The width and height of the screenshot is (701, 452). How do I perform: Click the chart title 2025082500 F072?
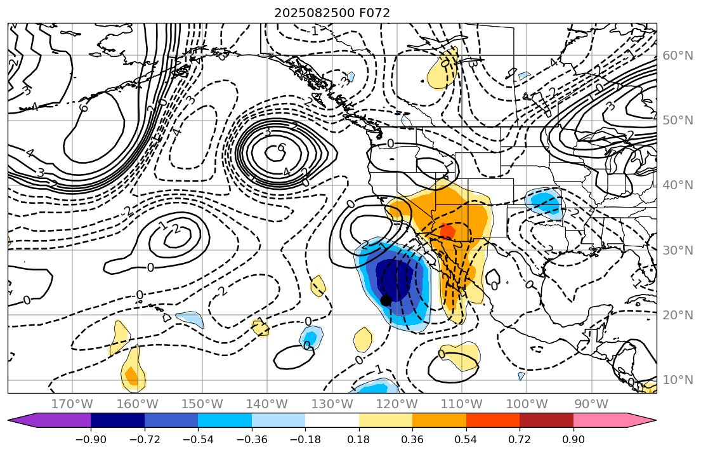332,13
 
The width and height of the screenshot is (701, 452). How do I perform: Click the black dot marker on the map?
385,300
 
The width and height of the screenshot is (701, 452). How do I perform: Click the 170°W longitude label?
72,404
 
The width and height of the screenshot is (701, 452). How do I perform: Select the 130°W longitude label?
332,404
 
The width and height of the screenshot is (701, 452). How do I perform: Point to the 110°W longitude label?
462,404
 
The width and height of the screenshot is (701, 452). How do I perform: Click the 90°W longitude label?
591,404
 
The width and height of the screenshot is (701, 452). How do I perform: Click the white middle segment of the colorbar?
332,420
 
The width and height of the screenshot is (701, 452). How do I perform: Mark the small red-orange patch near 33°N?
447,231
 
